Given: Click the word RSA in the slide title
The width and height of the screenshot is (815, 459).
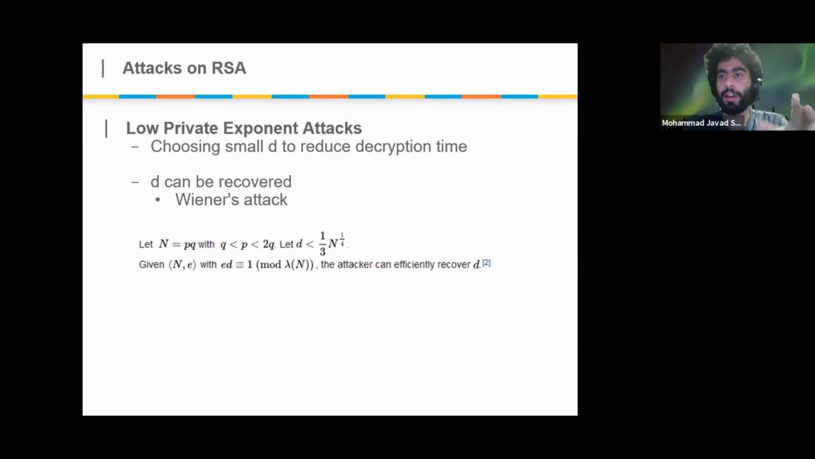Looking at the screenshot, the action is tap(229, 68).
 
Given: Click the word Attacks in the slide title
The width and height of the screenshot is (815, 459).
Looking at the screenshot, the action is tap(152, 68).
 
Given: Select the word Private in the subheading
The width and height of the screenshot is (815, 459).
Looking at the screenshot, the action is tap(191, 128).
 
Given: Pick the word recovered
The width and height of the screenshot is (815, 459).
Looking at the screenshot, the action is tap(255, 182).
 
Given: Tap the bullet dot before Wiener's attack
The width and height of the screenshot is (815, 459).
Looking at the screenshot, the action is tap(158, 200).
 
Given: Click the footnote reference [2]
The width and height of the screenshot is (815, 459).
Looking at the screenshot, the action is tap(486, 263).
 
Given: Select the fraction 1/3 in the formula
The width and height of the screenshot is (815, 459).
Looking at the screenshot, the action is tap(323, 244).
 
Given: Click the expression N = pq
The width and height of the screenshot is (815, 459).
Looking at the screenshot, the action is tap(177, 244).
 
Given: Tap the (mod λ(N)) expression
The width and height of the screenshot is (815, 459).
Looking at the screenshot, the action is tap(285, 264).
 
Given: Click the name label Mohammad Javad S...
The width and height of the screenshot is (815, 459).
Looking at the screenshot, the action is tap(701, 123).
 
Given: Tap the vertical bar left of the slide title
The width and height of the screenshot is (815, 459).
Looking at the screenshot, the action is tap(103, 68).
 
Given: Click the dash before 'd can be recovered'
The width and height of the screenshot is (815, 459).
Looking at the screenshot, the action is tap(135, 182).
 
